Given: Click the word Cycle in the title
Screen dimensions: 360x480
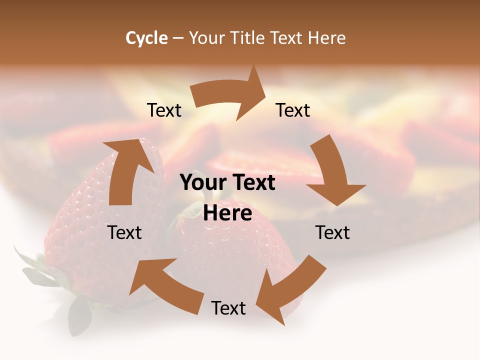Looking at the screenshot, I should coord(146,38).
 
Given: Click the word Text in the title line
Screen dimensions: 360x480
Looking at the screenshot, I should coord(287,38).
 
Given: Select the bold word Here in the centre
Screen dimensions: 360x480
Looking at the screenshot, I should coord(227,213).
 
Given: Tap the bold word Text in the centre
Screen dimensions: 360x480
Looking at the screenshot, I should coord(251,182).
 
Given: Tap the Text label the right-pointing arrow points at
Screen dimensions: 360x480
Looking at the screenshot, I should coord(293,110).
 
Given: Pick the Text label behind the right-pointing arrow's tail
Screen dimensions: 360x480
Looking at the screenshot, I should coord(164,110).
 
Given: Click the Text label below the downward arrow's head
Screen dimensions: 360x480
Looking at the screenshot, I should coord(332,232).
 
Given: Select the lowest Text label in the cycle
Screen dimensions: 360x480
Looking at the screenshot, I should coord(228,308).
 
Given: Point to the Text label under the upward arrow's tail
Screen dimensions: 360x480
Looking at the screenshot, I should coord(124,232).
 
